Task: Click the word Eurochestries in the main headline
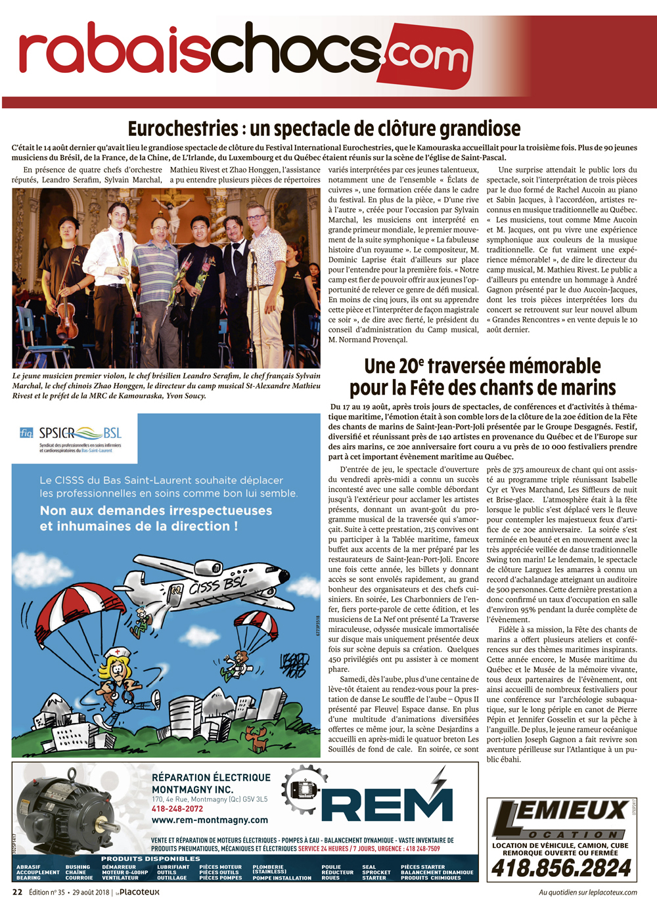coord(183,129)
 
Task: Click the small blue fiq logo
coord(26,433)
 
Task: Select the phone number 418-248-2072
coord(177,809)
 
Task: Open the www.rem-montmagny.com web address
coord(210,820)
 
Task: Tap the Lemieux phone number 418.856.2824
coord(561,868)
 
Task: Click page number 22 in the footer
coord(18,892)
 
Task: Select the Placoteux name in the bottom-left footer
coord(139,892)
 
